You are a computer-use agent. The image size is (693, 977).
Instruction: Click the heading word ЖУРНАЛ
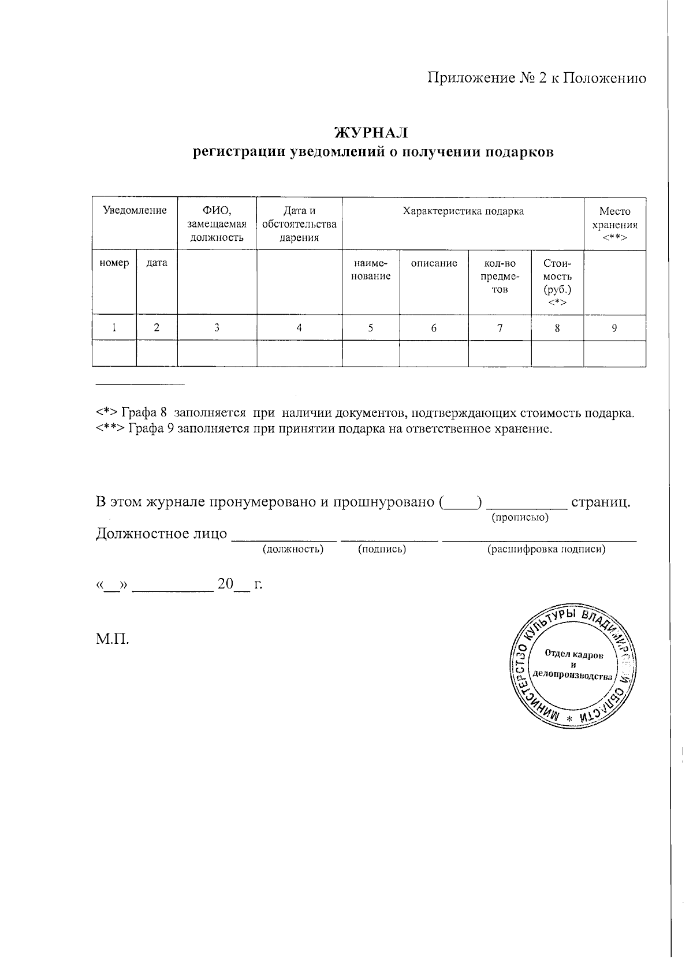[x=372, y=133]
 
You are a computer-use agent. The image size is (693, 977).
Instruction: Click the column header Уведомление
[x=135, y=211]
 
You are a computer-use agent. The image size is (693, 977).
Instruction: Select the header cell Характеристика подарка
[x=463, y=211]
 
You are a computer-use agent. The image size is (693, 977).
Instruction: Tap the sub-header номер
[x=114, y=263]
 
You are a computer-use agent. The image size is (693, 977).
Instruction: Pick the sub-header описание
[x=434, y=263]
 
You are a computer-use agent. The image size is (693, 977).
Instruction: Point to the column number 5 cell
[x=370, y=328]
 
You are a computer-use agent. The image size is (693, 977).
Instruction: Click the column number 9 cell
[x=614, y=328]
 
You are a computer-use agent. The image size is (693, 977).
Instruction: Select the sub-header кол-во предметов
[x=500, y=276]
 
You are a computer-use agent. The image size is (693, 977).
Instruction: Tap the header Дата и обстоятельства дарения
[x=299, y=224]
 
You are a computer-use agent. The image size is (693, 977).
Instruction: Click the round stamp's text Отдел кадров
[x=574, y=655]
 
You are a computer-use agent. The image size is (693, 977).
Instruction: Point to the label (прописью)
[x=520, y=517]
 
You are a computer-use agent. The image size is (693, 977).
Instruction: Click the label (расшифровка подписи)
[x=546, y=550]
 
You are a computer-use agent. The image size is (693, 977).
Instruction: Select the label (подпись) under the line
[x=382, y=550]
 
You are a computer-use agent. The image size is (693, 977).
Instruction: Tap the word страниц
[x=600, y=501]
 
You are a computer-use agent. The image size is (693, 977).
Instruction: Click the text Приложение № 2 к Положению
[x=536, y=78]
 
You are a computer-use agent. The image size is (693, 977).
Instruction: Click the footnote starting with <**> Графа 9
[x=324, y=428]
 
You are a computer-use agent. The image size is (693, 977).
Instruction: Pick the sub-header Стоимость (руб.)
[x=557, y=282]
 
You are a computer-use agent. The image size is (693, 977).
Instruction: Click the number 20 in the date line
[x=225, y=584]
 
